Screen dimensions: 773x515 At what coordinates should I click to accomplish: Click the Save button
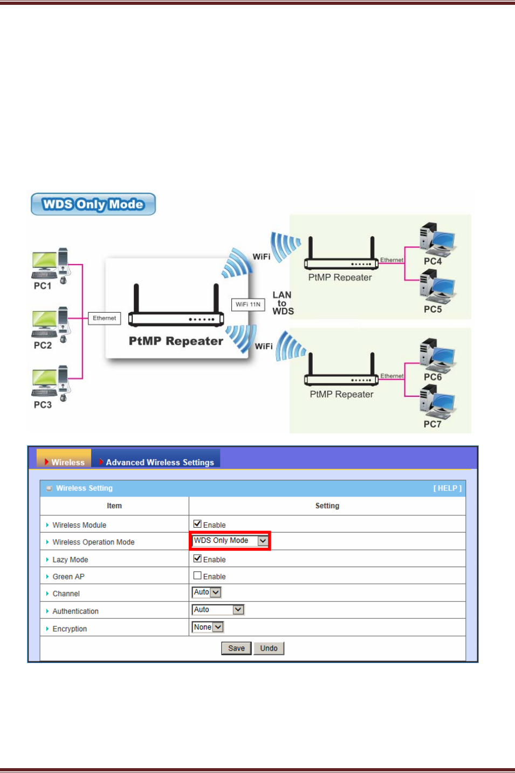click(236, 648)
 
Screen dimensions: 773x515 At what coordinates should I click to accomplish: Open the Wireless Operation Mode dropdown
click(230, 541)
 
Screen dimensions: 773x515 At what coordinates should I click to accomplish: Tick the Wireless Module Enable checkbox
click(197, 524)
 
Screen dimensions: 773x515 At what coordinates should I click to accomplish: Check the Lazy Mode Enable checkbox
click(197, 558)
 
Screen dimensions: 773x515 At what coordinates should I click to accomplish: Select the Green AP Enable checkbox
click(197, 576)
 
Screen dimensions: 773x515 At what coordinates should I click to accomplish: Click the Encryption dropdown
click(208, 627)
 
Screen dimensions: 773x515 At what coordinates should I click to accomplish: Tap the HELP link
click(447, 488)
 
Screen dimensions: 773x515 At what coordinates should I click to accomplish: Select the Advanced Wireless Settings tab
click(160, 462)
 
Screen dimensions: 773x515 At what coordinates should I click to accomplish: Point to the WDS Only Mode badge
click(93, 204)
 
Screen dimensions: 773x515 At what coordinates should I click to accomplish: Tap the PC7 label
click(432, 424)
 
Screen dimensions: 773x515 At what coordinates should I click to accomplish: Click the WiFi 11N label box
click(248, 305)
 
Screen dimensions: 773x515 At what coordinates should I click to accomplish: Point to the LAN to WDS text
click(283, 303)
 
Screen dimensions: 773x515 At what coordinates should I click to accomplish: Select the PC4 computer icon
click(437, 239)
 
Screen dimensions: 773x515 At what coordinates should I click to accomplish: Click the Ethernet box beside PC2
click(104, 318)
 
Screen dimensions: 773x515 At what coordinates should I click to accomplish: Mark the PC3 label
click(43, 405)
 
